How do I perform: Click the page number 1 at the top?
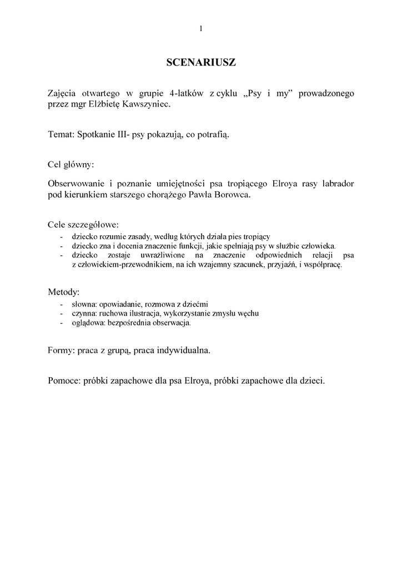pyautogui.click(x=200, y=29)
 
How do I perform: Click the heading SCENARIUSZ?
pyautogui.click(x=201, y=63)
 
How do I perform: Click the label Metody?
pyautogui.click(x=63, y=292)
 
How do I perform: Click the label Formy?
pyautogui.click(x=62, y=351)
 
